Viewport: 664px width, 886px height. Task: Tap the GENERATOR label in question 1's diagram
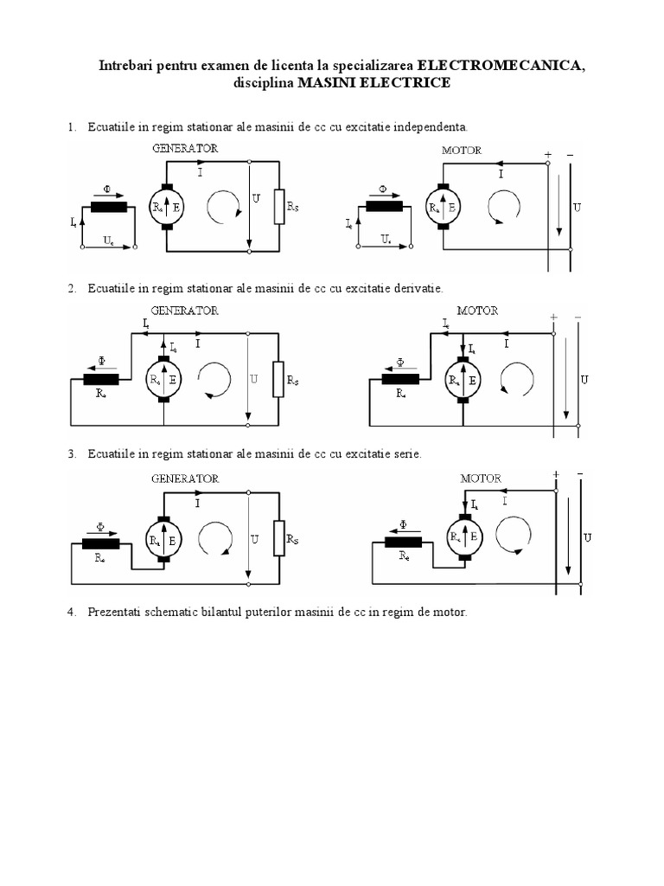click(185, 148)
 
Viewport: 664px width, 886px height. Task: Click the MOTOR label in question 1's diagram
click(461, 150)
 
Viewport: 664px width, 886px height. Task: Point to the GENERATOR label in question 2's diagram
click(185, 309)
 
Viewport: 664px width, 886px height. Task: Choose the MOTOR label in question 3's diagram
click(481, 478)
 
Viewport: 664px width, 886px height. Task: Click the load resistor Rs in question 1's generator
click(278, 207)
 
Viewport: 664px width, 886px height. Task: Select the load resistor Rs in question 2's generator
click(278, 379)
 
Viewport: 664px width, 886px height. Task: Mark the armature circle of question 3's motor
click(463, 537)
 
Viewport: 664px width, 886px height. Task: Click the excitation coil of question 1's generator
click(109, 206)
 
